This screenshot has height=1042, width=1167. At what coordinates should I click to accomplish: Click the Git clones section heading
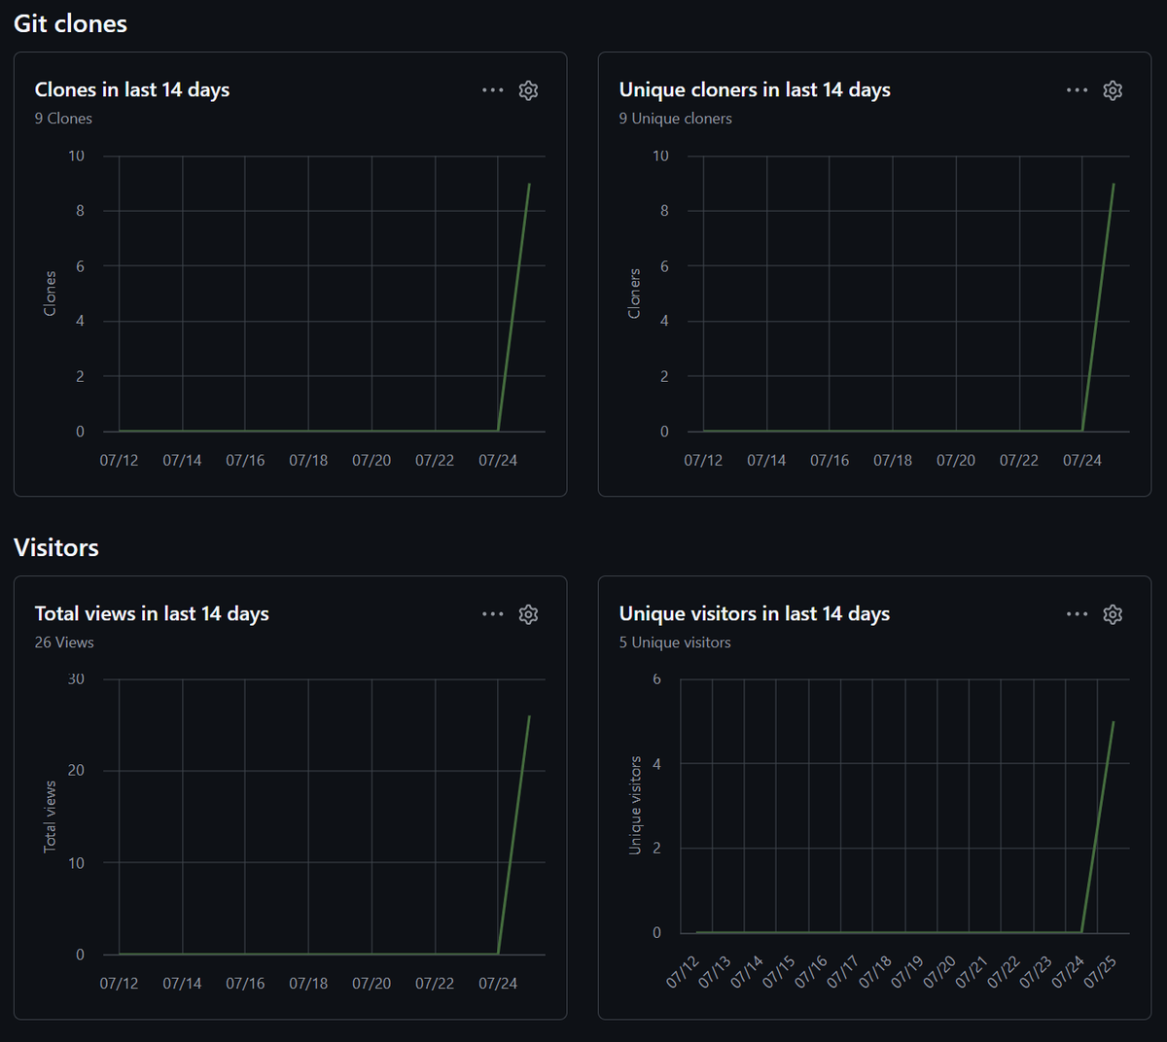(70, 24)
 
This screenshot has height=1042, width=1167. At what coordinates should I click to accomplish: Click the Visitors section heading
(56, 547)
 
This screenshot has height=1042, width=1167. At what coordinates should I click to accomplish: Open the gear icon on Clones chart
(528, 90)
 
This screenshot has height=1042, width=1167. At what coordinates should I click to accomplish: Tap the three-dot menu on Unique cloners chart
(1077, 90)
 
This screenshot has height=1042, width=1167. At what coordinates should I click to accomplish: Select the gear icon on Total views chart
(528, 614)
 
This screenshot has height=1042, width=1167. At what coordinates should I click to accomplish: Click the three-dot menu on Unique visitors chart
(1077, 614)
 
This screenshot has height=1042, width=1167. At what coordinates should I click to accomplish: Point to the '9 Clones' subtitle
(63, 119)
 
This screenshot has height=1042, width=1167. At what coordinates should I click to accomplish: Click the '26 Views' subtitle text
(64, 643)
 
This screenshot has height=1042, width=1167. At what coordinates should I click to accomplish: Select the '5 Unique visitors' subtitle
(675, 643)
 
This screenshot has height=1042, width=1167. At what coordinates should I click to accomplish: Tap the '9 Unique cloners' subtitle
(675, 119)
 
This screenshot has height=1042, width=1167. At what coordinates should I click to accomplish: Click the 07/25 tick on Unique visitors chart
(1101, 972)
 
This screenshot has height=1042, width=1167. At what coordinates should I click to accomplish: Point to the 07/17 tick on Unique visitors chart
(843, 972)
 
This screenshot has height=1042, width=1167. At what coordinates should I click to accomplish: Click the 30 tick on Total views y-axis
(76, 679)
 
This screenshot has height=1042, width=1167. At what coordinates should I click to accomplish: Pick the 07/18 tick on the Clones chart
(308, 461)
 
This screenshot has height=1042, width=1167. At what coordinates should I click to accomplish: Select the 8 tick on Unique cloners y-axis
(664, 211)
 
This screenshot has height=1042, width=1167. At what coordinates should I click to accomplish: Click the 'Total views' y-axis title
(51, 816)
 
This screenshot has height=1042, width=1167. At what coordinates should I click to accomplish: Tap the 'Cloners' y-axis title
(634, 294)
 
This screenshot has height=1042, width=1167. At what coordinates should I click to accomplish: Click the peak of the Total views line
(529, 716)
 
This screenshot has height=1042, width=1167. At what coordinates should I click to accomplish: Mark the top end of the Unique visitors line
(1114, 722)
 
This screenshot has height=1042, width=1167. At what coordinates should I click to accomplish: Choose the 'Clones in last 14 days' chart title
(132, 90)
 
